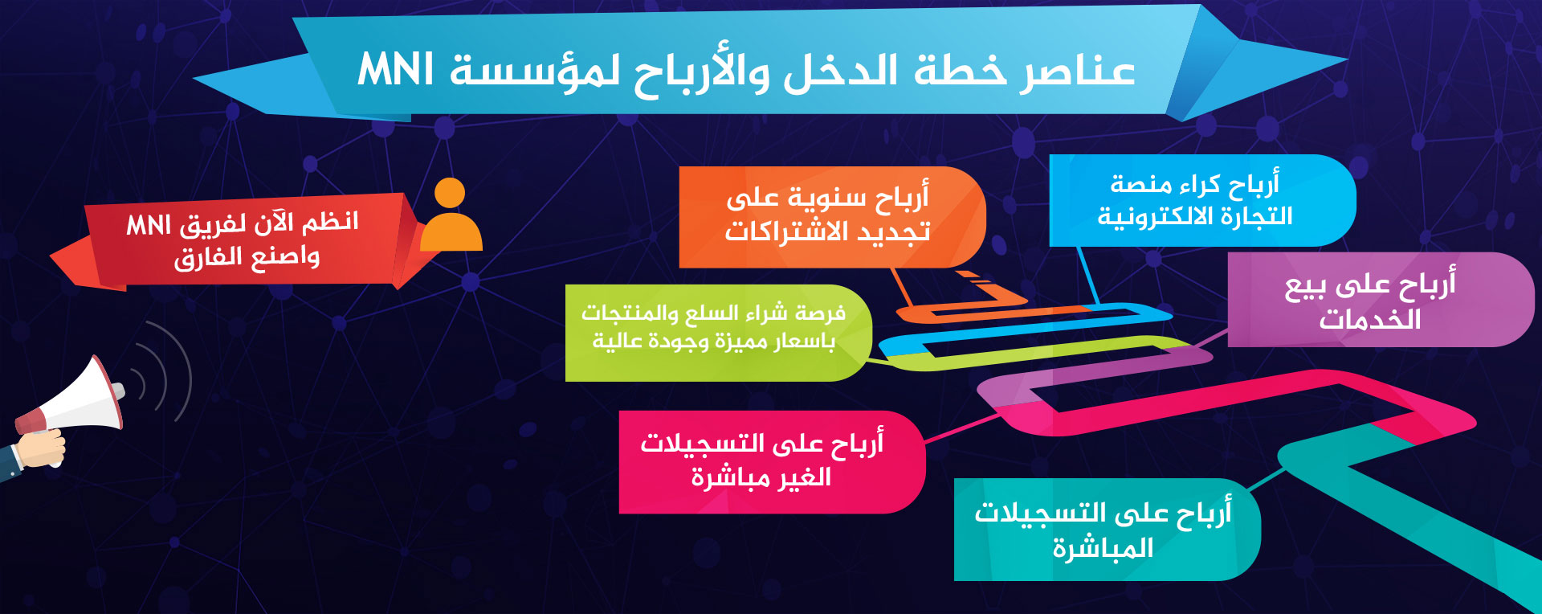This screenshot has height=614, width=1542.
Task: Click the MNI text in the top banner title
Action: point(396,69)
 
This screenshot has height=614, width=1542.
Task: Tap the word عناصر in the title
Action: point(1079,71)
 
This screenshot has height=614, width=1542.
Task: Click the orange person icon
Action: point(451,215)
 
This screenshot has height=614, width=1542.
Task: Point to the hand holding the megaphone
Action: point(40,450)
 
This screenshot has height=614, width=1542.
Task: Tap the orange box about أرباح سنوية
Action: point(831,217)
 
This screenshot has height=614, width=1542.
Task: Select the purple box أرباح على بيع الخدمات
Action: point(1381,300)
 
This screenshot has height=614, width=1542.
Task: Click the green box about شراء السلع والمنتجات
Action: point(718,333)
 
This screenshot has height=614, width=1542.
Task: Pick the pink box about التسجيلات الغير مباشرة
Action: point(772,462)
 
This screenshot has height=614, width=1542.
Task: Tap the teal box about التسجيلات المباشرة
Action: point(1107,530)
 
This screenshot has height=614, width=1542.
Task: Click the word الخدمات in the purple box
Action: point(1370,319)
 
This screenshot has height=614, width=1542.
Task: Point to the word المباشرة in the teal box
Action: point(1103,548)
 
